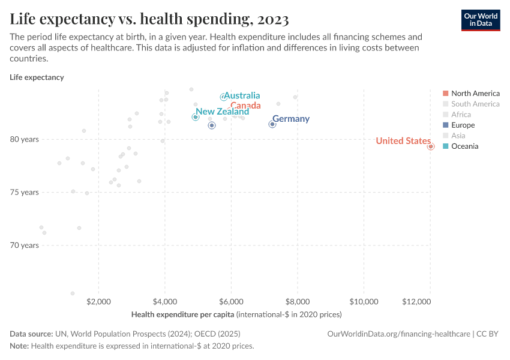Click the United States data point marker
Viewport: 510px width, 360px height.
click(x=431, y=146)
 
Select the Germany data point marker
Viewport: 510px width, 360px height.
click(x=272, y=124)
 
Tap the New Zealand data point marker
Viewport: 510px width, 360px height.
click(x=196, y=117)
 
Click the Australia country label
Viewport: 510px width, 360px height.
click(x=242, y=95)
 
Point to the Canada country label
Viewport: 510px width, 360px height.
click(x=245, y=106)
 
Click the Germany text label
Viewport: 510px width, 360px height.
click(x=291, y=119)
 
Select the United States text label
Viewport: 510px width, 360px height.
click(x=403, y=141)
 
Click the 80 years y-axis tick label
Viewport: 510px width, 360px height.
click(x=24, y=139)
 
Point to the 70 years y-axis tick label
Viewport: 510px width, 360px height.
click(x=24, y=245)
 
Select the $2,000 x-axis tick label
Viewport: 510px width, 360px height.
click(x=98, y=301)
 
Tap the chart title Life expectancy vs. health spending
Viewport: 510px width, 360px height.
click(x=149, y=19)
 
